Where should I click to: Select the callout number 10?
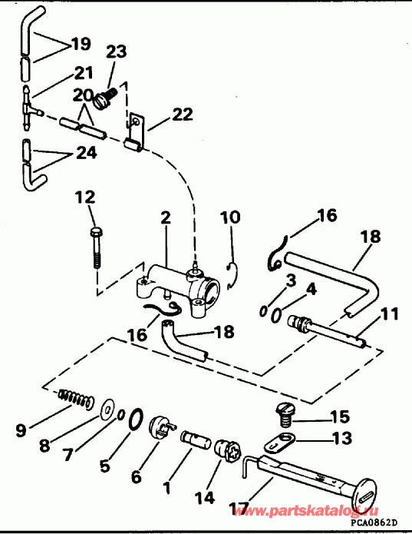click(x=231, y=218)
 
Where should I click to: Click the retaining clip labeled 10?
click(x=234, y=273)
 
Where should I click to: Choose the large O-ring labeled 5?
click(x=134, y=420)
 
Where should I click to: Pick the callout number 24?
click(x=85, y=152)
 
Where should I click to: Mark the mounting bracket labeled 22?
click(x=137, y=131)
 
